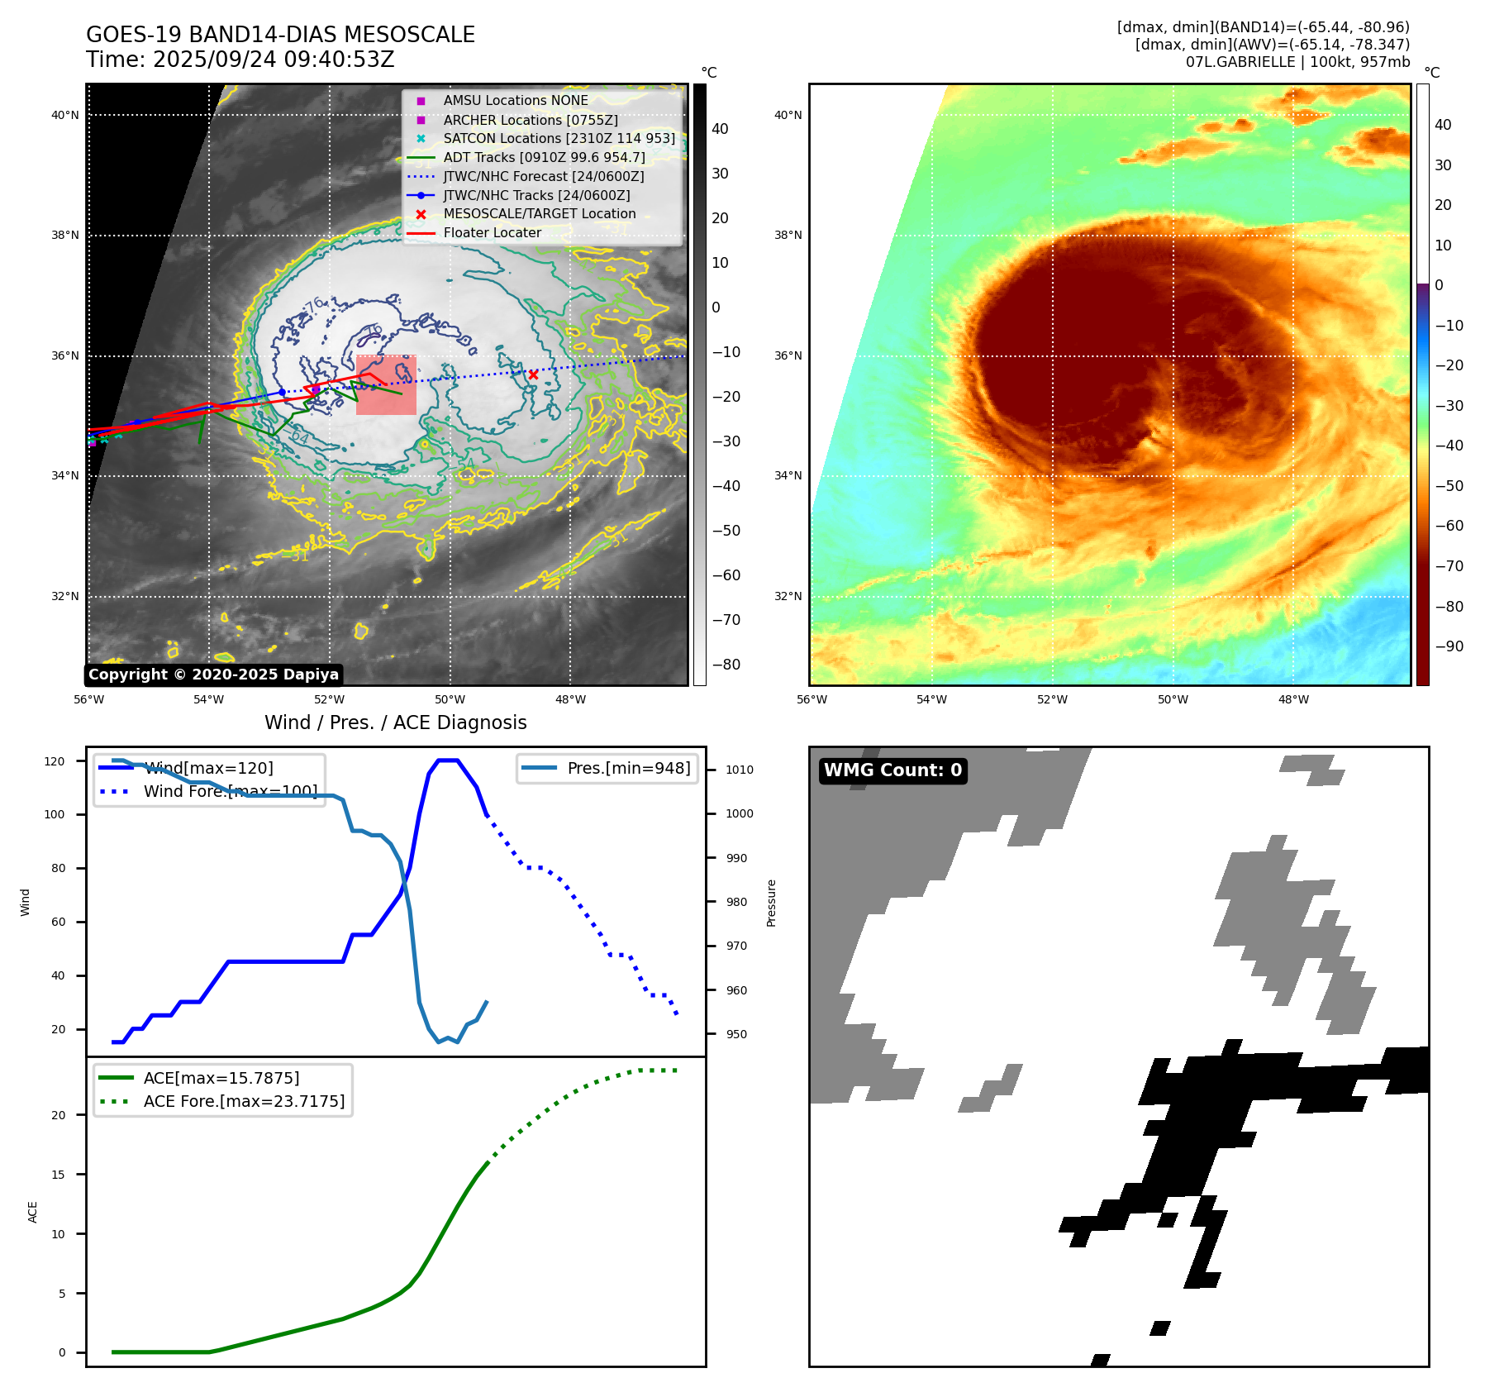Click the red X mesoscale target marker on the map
[533, 374]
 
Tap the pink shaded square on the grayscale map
[386, 385]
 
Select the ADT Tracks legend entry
[544, 157]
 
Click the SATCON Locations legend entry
[559, 138]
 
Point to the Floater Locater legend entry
[492, 232]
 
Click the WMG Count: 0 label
[892, 770]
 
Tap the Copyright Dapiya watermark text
[213, 675]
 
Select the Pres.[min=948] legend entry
[628, 768]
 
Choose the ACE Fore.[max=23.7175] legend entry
[244, 1101]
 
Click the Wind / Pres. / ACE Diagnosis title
[395, 722]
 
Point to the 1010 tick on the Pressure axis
[739, 770]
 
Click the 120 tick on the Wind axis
[55, 761]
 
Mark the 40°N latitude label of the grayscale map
[65, 115]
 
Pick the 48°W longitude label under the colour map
[1293, 699]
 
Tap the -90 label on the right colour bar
[1449, 646]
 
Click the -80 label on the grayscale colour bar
[726, 665]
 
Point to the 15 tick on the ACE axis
[58, 1175]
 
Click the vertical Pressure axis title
[771, 903]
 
